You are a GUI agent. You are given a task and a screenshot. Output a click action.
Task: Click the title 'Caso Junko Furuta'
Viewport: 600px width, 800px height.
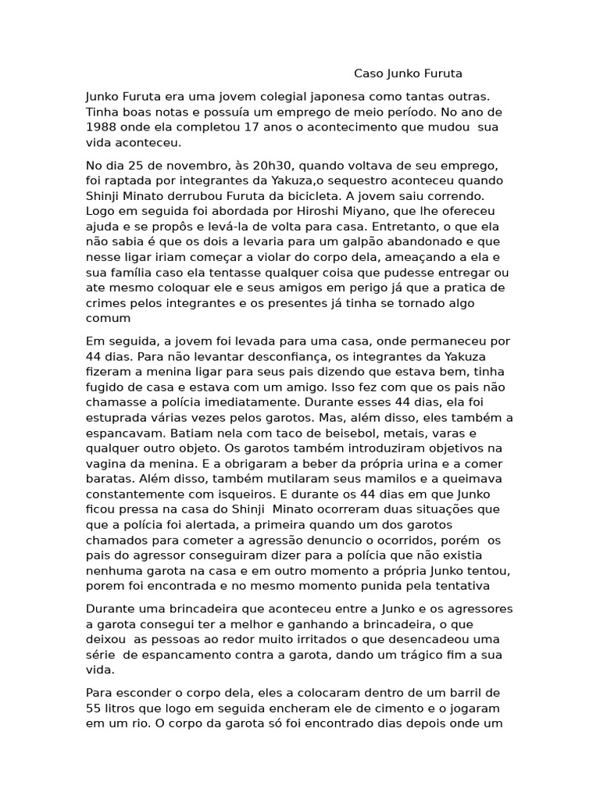tap(408, 73)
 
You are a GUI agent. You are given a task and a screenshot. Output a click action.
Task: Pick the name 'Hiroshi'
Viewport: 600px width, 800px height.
tap(288, 212)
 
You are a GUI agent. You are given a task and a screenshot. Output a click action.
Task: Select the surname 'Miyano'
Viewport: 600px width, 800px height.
tap(337, 212)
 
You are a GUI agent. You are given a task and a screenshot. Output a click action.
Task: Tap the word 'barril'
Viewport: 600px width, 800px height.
tap(483, 693)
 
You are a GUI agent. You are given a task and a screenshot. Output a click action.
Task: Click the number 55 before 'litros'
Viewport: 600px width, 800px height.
tap(94, 708)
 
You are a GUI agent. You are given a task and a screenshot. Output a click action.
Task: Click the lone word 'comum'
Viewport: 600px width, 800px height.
tap(108, 318)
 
